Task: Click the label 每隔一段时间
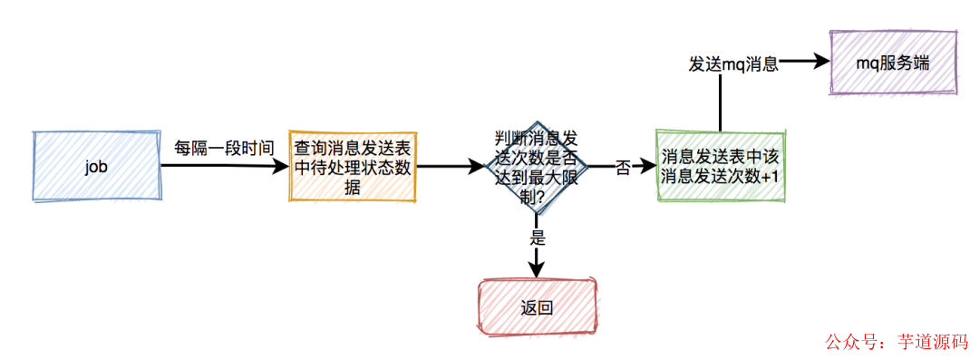[224, 147]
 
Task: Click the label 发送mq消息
[733, 64]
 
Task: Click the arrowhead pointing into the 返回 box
[538, 268]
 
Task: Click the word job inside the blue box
[96, 168]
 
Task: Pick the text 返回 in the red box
[537, 306]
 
